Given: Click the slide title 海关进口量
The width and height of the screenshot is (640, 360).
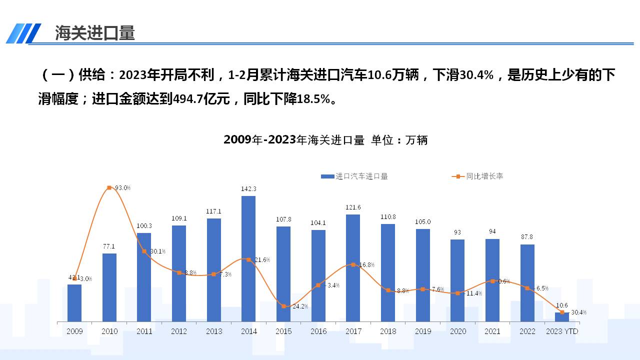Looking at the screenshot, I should [95, 33].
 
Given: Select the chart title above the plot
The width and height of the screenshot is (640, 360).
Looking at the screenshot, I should [325, 140].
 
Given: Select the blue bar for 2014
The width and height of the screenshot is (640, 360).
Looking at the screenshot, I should [248, 258].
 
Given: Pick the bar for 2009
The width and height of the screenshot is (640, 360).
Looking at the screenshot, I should [74, 302].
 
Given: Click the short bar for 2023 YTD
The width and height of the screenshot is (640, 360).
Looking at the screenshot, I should [562, 316].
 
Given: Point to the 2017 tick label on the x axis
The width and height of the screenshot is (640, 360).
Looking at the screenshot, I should [353, 331].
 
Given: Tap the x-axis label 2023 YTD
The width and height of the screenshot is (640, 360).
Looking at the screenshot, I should [562, 331].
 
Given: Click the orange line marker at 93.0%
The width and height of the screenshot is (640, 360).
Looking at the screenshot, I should [109, 188].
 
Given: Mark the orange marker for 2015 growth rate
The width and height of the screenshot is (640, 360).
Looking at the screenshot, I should [283, 306].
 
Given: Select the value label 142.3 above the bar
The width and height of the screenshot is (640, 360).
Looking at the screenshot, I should [248, 189].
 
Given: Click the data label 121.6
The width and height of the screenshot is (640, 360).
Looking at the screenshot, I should [353, 207].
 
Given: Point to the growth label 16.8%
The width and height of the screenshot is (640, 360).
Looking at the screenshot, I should [366, 264].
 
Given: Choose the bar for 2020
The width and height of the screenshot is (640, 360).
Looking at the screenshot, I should [457, 280].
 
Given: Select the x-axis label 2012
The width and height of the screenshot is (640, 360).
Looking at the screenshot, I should [179, 331].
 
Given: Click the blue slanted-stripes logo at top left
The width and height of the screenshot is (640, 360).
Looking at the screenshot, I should [23, 33].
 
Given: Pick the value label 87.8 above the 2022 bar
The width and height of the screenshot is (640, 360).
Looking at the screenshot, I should [527, 237].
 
